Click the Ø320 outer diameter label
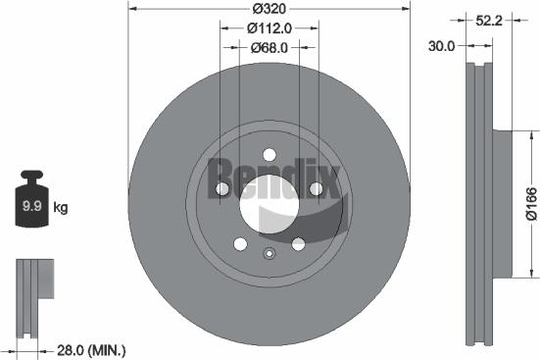pyautogui.click(x=270, y=9)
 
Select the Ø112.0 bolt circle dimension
pyautogui.click(x=270, y=28)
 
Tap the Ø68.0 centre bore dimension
pyautogui.click(x=270, y=48)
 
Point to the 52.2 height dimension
pyautogui.click(x=489, y=21)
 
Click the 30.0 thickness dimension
pyautogui.click(x=441, y=46)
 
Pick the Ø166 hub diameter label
pyautogui.click(x=531, y=203)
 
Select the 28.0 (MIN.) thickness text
pyautogui.click(x=91, y=351)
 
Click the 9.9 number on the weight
pyautogui.click(x=32, y=206)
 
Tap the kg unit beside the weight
pyautogui.click(x=61, y=208)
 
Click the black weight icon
pyautogui.click(x=32, y=198)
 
